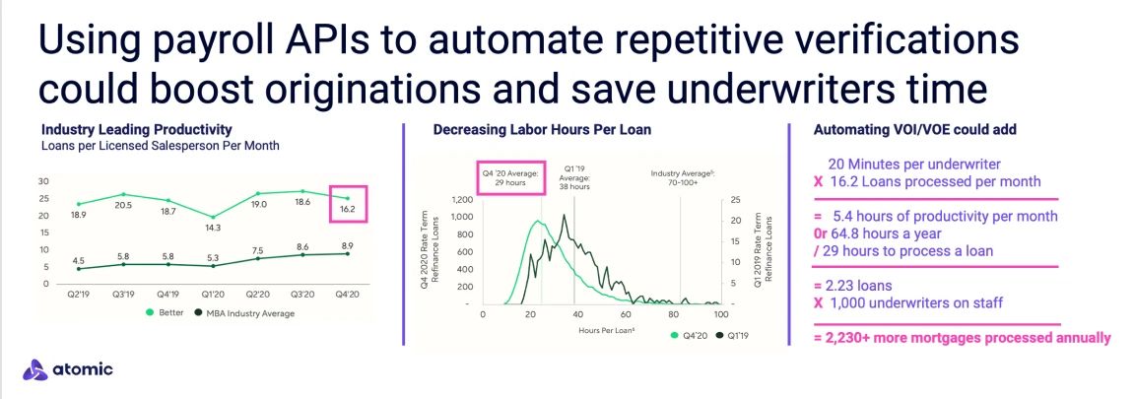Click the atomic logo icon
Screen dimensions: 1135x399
point(34,370)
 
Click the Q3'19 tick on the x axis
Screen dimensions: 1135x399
point(124,295)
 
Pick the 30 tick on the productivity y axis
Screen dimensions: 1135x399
point(43,181)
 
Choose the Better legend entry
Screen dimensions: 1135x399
point(165,313)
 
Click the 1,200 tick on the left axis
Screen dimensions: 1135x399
point(462,201)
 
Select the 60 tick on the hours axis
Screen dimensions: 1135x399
point(627,315)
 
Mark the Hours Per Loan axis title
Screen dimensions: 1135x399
point(607,330)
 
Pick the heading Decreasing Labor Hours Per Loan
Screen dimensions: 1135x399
point(542,130)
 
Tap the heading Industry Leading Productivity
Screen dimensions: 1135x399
point(137,130)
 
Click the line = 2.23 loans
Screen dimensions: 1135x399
point(852,286)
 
